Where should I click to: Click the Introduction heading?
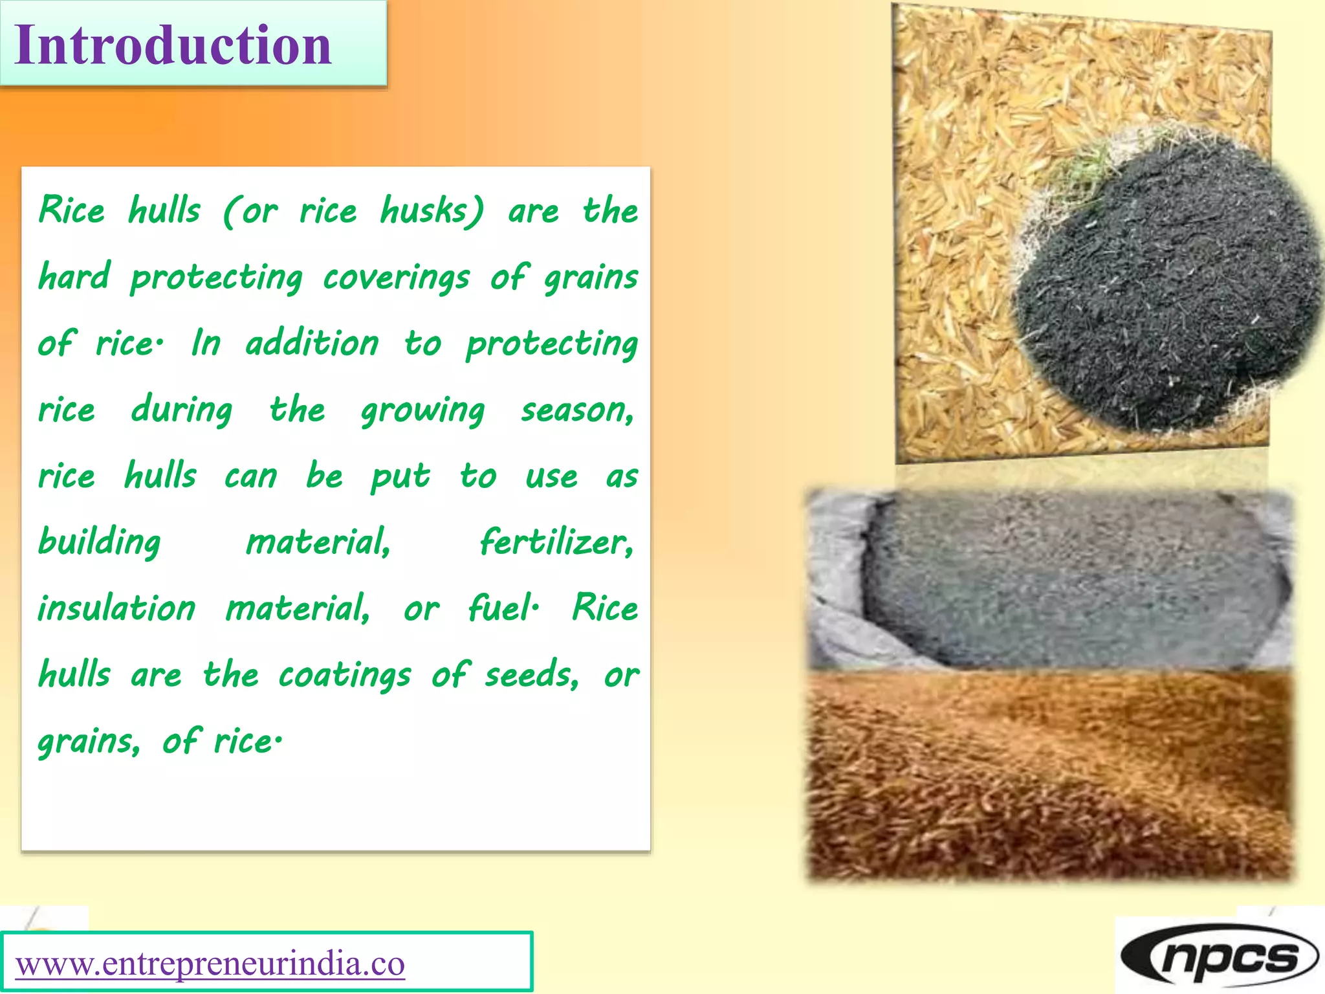point(173,45)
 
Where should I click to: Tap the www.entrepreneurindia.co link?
point(210,964)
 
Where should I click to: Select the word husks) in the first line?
point(432,211)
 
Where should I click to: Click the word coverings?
point(396,278)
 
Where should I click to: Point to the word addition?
point(312,344)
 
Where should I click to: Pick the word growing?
point(422,411)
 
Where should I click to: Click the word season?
point(578,411)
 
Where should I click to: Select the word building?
point(99,542)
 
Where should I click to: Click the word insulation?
point(116,608)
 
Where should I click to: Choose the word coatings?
point(345,676)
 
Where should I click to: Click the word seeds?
point(532,676)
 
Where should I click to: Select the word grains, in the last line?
point(89,742)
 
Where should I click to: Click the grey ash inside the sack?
point(1068,576)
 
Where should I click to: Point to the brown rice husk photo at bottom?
point(1048,777)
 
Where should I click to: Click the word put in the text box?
point(400,478)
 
